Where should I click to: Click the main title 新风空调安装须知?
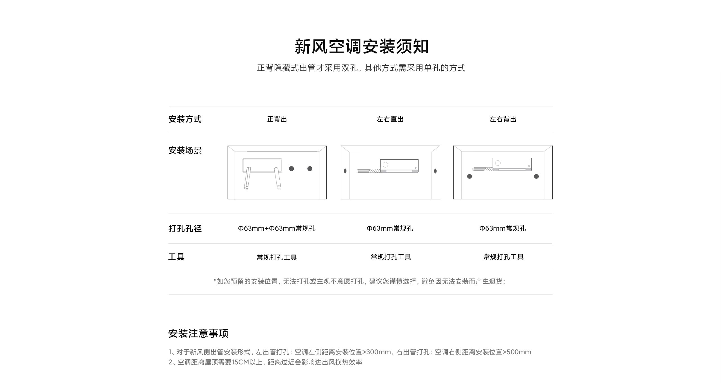click(x=362, y=46)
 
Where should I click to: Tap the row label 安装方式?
click(x=185, y=119)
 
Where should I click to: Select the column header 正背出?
click(x=277, y=119)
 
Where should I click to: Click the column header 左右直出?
click(x=390, y=119)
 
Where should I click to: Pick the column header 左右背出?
click(x=503, y=119)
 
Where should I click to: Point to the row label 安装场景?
click(x=185, y=150)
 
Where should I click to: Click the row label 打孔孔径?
click(x=185, y=228)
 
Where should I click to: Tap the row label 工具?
click(x=176, y=257)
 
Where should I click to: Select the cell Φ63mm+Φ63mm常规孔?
click(x=277, y=228)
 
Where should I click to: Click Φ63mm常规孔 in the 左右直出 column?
click(x=390, y=228)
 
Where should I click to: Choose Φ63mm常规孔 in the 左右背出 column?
click(x=503, y=228)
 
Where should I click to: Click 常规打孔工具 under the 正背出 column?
click(x=277, y=257)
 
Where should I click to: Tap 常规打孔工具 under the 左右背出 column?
click(x=504, y=257)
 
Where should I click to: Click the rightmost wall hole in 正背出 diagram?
click(x=310, y=169)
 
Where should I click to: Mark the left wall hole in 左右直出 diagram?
click(x=345, y=171)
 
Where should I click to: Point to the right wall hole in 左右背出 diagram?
click(x=537, y=176)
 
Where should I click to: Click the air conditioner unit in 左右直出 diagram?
click(x=399, y=166)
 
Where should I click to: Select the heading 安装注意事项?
click(x=198, y=333)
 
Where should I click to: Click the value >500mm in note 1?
click(x=517, y=352)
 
